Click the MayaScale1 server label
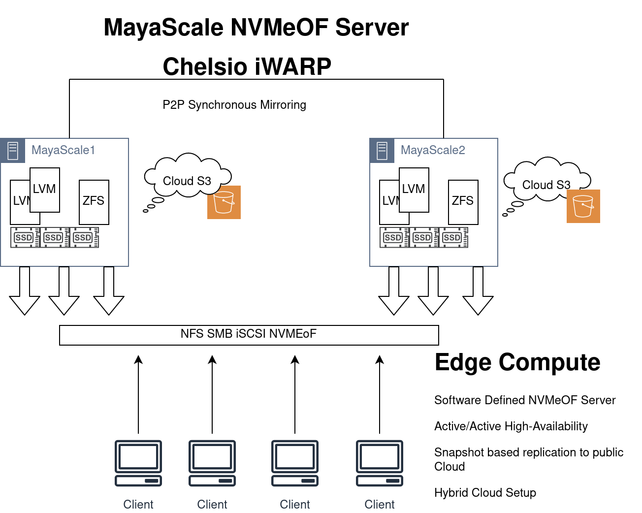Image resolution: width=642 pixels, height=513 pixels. click(63, 150)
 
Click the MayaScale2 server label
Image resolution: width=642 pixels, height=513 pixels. click(433, 150)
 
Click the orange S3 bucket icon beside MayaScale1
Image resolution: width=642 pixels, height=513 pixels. click(224, 202)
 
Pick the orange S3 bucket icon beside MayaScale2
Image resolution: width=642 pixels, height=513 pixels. click(583, 206)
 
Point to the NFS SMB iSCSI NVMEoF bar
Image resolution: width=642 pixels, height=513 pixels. click(249, 335)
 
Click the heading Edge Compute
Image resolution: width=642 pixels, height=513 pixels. click(517, 362)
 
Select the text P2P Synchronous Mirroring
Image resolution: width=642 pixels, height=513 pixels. click(234, 105)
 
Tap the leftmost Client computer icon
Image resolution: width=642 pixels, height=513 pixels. click(138, 463)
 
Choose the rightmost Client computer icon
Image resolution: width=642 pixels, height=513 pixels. click(380, 463)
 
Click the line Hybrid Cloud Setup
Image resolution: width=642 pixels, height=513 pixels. click(485, 493)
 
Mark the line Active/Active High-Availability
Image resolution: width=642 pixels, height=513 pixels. click(511, 426)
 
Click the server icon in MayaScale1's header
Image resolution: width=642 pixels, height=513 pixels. click(13, 151)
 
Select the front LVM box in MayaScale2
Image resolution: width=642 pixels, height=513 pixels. click(414, 190)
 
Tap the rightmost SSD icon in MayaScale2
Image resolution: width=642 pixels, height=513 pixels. click(453, 237)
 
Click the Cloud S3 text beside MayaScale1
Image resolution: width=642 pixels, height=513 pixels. click(187, 181)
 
